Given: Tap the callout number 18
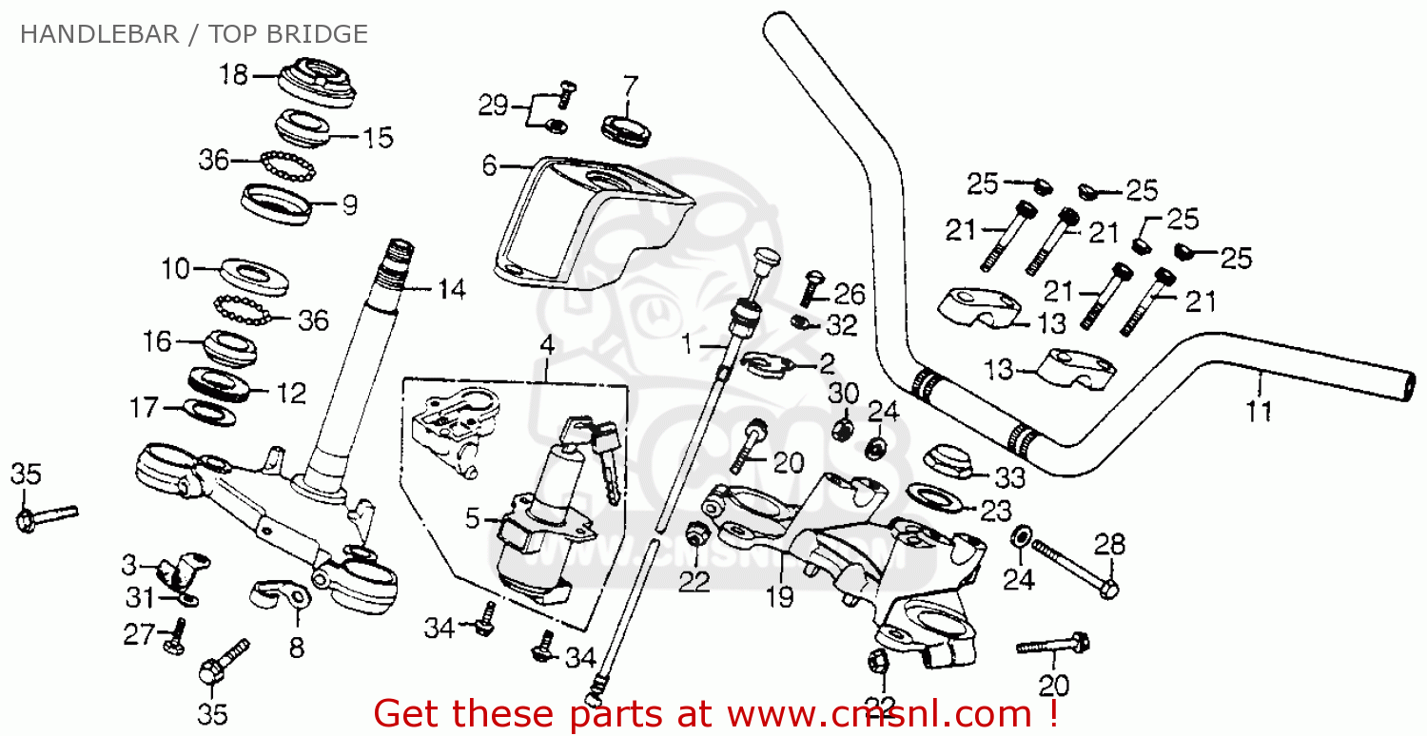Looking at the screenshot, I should pyautogui.click(x=233, y=74).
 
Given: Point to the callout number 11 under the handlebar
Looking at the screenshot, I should pyautogui.click(x=1259, y=412).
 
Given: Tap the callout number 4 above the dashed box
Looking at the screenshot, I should pyautogui.click(x=547, y=344).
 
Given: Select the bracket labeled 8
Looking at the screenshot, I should pyautogui.click(x=283, y=596).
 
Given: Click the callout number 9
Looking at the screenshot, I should pyautogui.click(x=349, y=204).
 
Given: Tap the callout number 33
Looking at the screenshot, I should pyautogui.click(x=1010, y=477).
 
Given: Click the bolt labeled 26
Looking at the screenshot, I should pyautogui.click(x=811, y=284).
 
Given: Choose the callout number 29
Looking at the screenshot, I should pyautogui.click(x=493, y=106).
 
